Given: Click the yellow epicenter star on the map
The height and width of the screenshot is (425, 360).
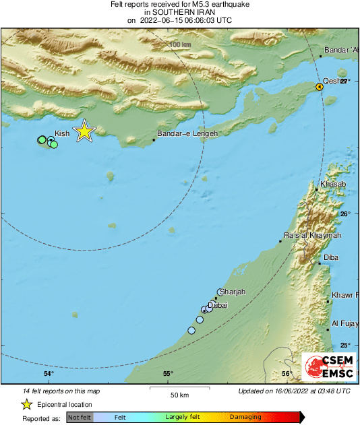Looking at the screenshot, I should pyautogui.click(x=84, y=131).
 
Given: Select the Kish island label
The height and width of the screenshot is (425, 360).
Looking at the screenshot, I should pyautogui.click(x=62, y=133).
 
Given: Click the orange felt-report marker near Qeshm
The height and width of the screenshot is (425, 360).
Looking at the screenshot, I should pyautogui.click(x=321, y=87).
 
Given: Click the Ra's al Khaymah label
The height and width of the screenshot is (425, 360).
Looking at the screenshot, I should pyautogui.click(x=312, y=235).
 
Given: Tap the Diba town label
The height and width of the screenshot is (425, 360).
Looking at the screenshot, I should pyautogui.click(x=331, y=258).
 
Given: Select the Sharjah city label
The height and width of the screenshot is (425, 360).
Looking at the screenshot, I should pyautogui.click(x=233, y=292).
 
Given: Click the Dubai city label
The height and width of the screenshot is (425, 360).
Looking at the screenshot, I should pyautogui.click(x=218, y=305).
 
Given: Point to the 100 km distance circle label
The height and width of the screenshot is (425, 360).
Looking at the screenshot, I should pyautogui.click(x=180, y=44).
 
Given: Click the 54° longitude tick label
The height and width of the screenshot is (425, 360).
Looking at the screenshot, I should pyautogui.click(x=49, y=374).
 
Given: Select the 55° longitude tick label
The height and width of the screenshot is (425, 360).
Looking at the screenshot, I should pyautogui.click(x=167, y=374).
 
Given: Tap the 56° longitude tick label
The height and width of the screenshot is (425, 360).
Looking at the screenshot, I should pyautogui.click(x=287, y=374).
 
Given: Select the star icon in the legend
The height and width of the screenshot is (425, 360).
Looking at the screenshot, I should pyautogui.click(x=26, y=404).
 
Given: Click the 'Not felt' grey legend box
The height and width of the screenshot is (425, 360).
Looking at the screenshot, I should pyautogui.click(x=79, y=418).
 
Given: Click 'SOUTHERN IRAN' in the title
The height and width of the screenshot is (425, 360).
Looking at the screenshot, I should pyautogui.click(x=179, y=12).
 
